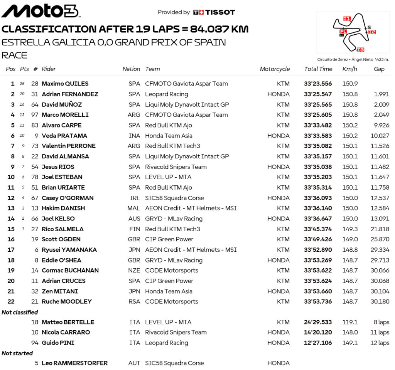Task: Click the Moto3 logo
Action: coord(41,11)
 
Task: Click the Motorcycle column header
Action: coord(275,69)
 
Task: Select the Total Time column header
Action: coord(318,69)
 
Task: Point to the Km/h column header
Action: coord(349,69)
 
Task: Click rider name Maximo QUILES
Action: coord(65,84)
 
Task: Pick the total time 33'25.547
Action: coord(318,94)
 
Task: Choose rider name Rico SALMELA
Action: coord(62,229)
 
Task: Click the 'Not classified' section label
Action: coord(20,312)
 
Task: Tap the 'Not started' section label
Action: coord(17,353)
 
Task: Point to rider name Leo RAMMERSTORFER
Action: coord(74,363)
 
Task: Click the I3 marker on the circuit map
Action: coord(360,49)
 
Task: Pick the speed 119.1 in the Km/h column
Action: coord(349,322)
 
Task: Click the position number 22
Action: coord(11,302)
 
